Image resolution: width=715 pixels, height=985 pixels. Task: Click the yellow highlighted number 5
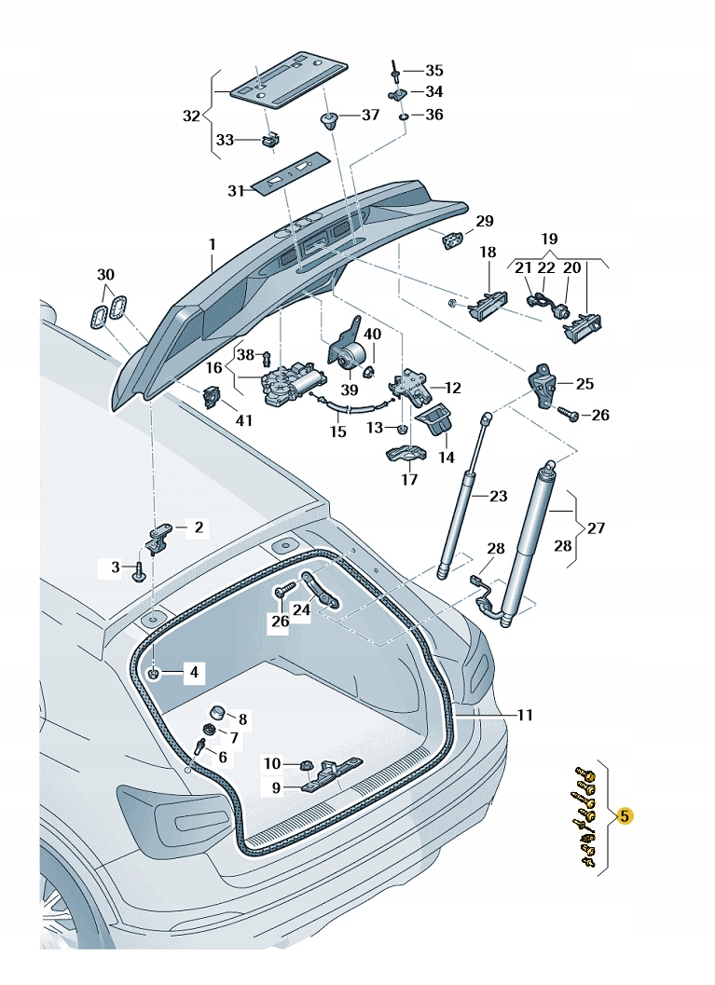[x=626, y=816]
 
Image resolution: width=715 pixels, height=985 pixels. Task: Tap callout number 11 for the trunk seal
[x=525, y=715]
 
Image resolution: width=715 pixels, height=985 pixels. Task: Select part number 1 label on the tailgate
[x=212, y=244]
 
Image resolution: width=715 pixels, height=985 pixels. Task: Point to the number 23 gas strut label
[x=498, y=496]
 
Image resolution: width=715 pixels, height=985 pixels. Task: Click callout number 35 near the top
[x=434, y=71]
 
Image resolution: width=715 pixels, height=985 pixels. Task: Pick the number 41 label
[x=243, y=420]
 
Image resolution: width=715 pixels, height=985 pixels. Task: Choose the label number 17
[x=409, y=480]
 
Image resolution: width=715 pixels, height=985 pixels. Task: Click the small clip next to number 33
[x=269, y=141]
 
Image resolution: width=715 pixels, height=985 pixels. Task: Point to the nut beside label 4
[x=155, y=672]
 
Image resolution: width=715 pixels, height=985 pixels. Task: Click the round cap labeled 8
[x=216, y=713]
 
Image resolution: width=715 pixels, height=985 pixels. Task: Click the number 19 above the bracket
[x=548, y=239]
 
